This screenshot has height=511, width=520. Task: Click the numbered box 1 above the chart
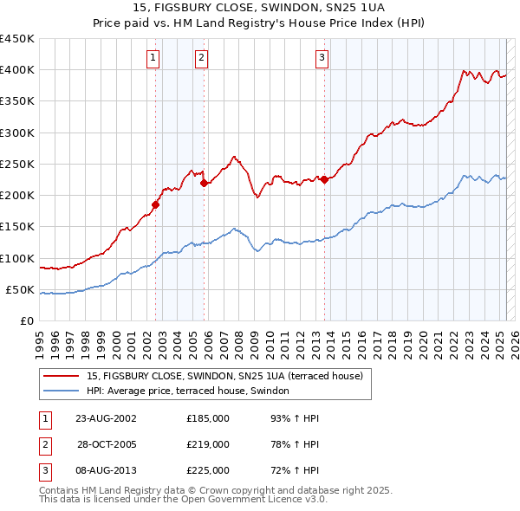(x=153, y=58)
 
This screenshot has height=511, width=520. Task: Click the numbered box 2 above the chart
(x=201, y=58)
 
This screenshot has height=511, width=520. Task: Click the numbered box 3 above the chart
(x=322, y=58)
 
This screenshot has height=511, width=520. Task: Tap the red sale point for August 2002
(x=156, y=204)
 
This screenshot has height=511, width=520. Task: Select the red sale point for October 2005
(x=204, y=183)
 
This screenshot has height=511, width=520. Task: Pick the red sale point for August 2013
(x=324, y=179)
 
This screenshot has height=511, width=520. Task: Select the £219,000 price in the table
(x=208, y=444)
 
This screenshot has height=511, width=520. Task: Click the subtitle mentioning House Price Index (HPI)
(x=259, y=24)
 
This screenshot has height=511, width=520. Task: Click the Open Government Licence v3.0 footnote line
(x=183, y=500)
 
